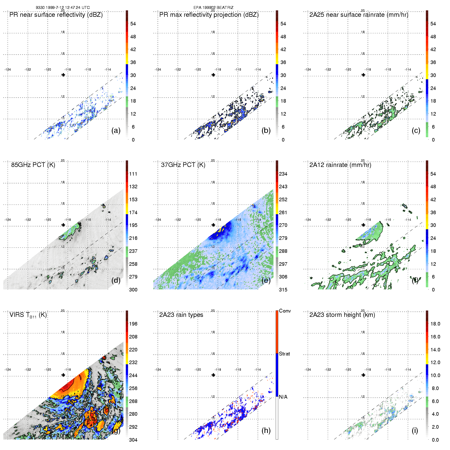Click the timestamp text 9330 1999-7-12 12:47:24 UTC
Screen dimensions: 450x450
click(x=63, y=8)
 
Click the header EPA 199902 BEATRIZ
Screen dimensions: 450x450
click(x=213, y=8)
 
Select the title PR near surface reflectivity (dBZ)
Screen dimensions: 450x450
click(x=56, y=15)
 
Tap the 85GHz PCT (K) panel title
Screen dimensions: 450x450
click(x=33, y=165)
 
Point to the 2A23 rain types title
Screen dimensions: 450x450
click(x=181, y=315)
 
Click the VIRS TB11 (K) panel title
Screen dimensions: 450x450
click(x=28, y=315)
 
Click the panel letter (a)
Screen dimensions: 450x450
click(x=116, y=131)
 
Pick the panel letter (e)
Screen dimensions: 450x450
click(x=266, y=280)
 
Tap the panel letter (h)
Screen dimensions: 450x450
click(x=266, y=430)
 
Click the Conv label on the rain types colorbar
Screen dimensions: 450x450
click(x=285, y=311)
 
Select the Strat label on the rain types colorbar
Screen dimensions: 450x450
click(x=284, y=354)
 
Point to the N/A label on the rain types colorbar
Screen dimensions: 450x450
click(x=283, y=397)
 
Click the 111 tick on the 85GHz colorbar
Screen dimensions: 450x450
click(x=133, y=174)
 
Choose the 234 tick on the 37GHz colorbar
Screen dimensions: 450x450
click(x=283, y=174)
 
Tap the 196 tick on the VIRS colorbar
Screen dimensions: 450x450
click(x=133, y=324)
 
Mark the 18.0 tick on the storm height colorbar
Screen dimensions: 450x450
click(x=435, y=324)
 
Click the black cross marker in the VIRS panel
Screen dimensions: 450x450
click(x=63, y=375)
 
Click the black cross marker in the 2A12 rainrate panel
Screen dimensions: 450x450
click(x=363, y=225)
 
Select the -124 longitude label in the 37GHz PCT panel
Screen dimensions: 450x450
click(x=158, y=220)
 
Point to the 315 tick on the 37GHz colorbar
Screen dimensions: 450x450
click(x=283, y=290)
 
